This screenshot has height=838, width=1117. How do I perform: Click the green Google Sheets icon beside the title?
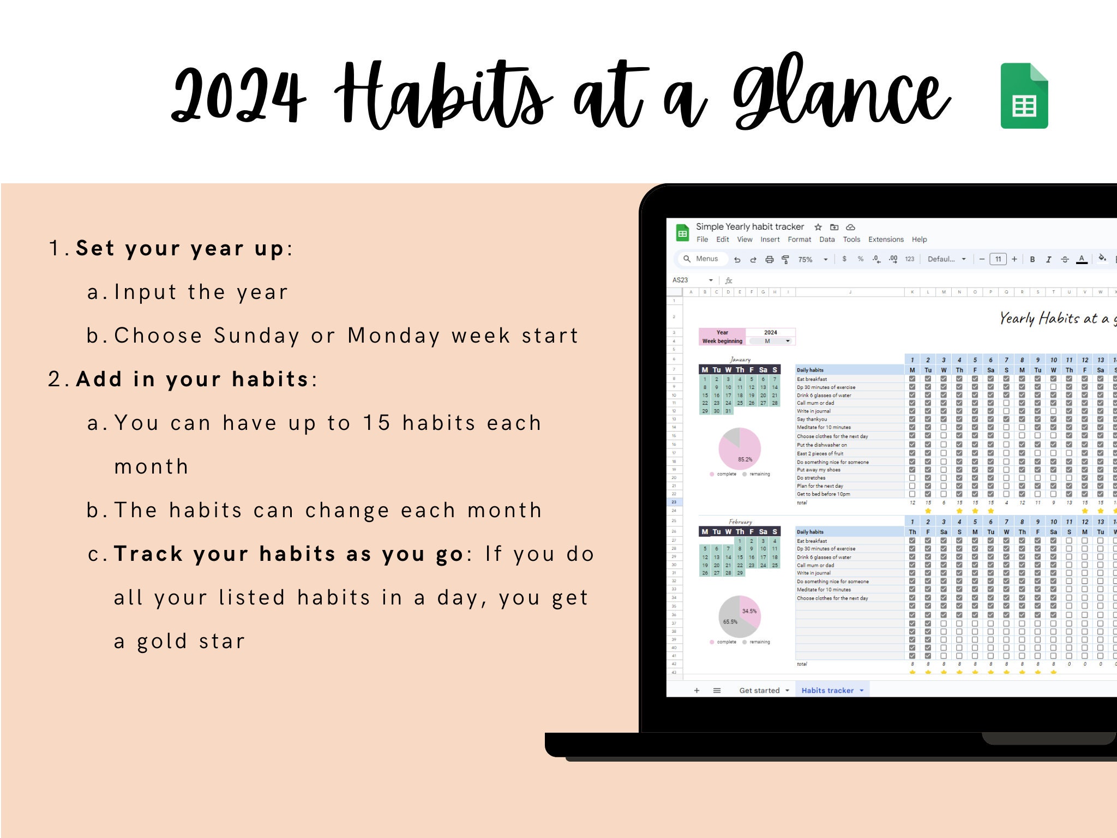[1024, 96]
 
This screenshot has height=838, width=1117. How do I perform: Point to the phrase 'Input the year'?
[201, 292]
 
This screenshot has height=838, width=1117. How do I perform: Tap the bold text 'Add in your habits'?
[193, 379]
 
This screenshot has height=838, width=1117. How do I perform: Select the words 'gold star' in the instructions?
[191, 641]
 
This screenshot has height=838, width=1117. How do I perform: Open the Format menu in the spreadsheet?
[799, 240]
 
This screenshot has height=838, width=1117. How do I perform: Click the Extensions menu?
[885, 240]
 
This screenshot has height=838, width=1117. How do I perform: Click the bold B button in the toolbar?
[1032, 259]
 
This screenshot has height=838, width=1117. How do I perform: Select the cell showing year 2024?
[770, 332]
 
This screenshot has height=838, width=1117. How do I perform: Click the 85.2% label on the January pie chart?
[744, 459]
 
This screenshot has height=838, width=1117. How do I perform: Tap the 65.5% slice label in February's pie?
[730, 621]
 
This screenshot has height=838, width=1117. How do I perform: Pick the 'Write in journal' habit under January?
[814, 411]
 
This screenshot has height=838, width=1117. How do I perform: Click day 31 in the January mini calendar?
[728, 411]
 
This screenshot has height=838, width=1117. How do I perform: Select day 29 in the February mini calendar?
[740, 573]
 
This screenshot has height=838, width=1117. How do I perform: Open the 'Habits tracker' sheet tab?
[827, 691]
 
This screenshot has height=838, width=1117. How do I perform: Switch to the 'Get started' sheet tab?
[759, 691]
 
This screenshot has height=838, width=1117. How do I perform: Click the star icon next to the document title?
[818, 227]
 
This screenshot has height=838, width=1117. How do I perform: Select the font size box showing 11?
[998, 259]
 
